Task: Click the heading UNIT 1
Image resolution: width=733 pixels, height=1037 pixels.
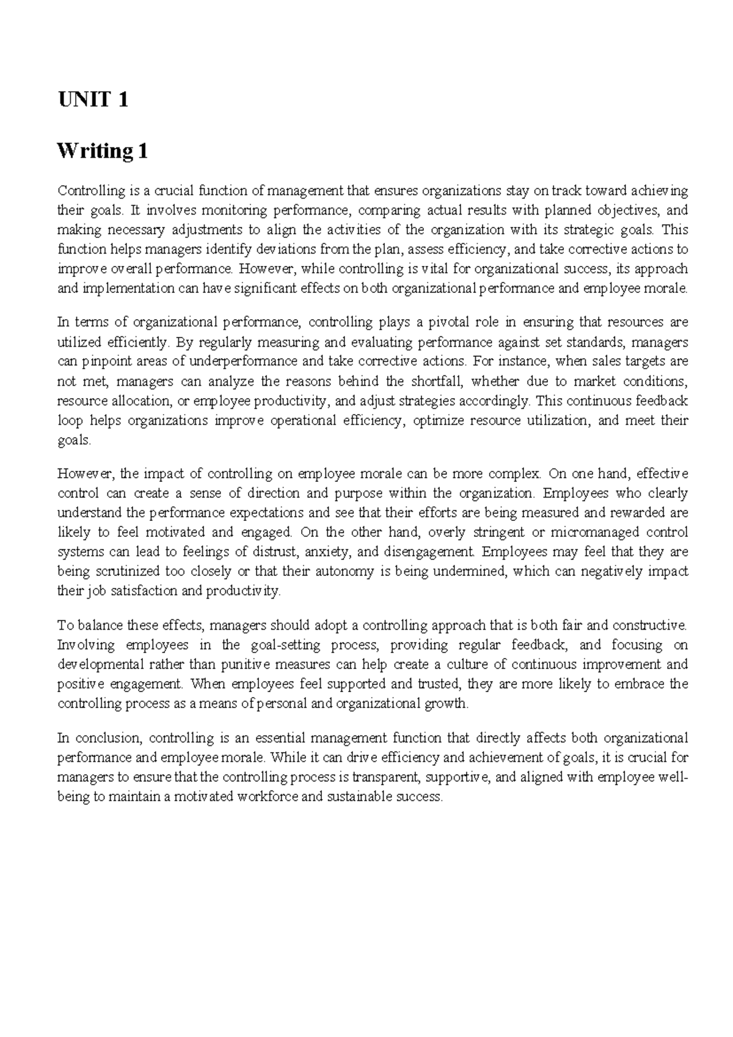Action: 92,99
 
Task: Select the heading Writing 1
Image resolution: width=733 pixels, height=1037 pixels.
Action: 102,150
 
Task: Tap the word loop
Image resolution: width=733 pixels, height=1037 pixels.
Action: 68,421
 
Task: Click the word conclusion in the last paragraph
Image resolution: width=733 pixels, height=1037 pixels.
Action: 105,738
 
